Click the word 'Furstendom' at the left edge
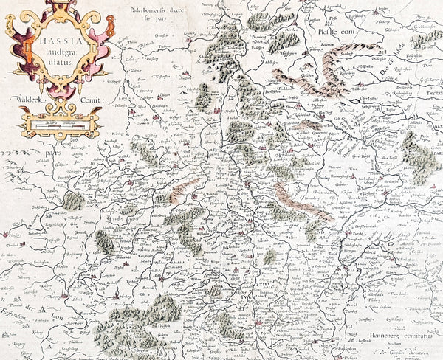click(x=17, y=315)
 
